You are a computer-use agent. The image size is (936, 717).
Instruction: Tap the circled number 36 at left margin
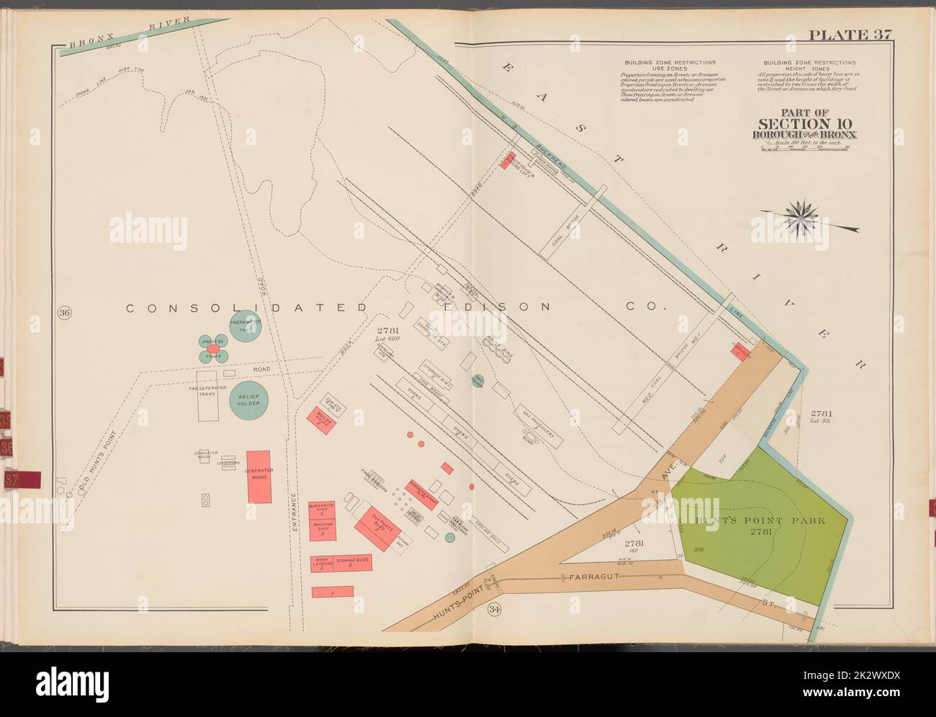click(64, 313)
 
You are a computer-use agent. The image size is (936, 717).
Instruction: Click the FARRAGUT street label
click(592, 577)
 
